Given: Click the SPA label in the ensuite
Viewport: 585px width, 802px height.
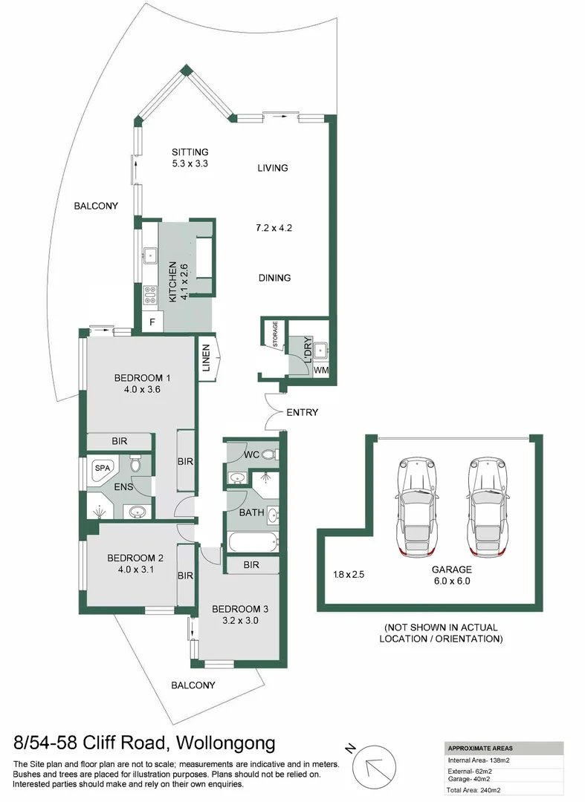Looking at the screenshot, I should (101, 469).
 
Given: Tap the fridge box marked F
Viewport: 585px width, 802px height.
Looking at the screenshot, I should (152, 322).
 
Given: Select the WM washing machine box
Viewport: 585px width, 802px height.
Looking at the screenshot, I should (320, 369).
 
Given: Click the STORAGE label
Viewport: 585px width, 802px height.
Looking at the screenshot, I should (275, 335).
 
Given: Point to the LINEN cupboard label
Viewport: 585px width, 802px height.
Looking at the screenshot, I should (206, 359).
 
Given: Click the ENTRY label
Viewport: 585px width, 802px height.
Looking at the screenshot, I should (302, 412).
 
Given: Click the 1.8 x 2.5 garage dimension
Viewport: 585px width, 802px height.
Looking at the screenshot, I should (348, 574).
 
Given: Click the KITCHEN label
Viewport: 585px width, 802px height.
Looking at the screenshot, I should (172, 281).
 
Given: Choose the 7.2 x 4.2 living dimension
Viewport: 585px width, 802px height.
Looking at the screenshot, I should (273, 227).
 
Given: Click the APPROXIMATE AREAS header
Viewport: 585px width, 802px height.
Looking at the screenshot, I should (480, 748).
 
